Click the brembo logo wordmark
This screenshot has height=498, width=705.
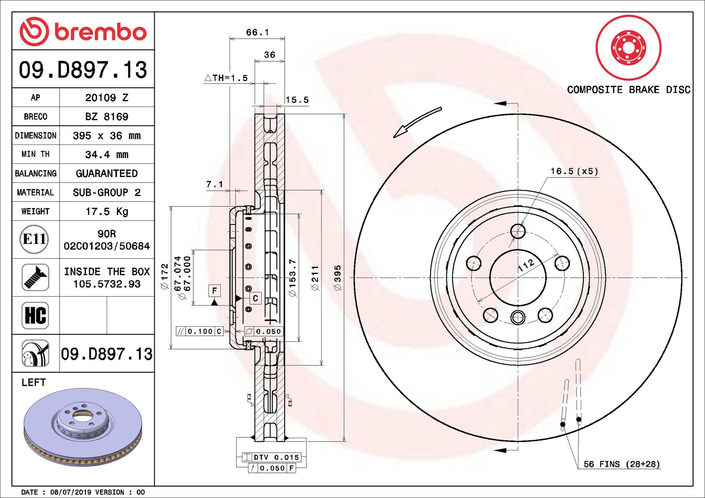[100, 32]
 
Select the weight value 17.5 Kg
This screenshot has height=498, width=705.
[107, 211]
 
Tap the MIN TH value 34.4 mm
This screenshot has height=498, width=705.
[107, 155]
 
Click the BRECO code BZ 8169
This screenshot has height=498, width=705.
[107, 117]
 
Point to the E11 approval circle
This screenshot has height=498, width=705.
[34, 239]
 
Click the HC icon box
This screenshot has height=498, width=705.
[35, 315]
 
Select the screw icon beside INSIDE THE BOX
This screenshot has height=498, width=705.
[35, 277]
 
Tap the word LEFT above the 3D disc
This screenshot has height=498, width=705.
[33, 382]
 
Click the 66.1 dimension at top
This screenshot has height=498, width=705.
[257, 33]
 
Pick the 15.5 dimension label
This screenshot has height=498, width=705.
[297, 100]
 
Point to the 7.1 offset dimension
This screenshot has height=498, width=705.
[215, 184]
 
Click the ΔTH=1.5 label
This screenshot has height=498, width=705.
[226, 78]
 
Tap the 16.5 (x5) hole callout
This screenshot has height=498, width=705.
[574, 171]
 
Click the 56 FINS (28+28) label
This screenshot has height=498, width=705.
[621, 464]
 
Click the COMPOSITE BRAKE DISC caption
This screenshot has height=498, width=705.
[628, 90]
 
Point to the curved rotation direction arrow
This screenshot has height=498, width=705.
[416, 122]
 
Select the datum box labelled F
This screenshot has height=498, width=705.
[214, 291]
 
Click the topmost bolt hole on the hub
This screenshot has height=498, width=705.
[518, 231]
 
